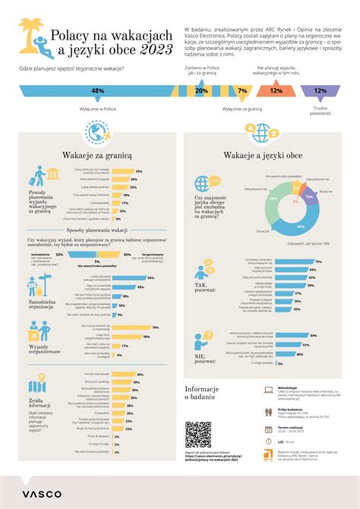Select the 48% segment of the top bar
[x=97, y=90]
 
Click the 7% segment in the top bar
[x=242, y=90]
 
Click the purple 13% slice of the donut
[x=308, y=196]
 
